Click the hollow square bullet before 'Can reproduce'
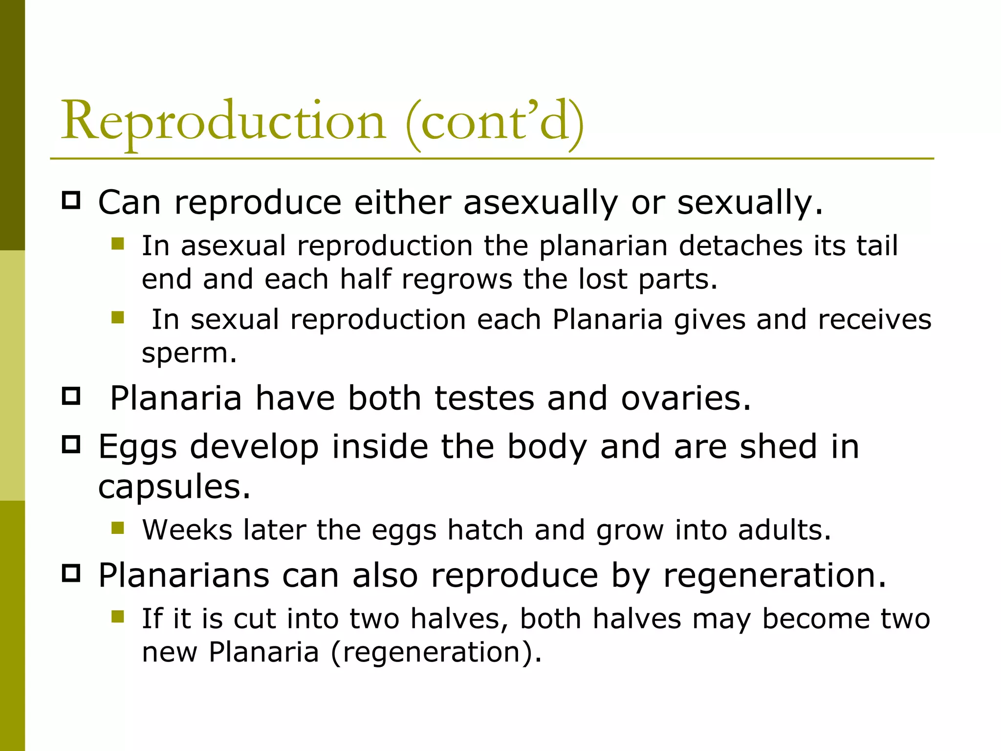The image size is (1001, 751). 71,200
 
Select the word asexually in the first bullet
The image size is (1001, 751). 541,202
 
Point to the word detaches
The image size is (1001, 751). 740,245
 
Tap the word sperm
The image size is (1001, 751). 189,354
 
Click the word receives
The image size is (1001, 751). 874,320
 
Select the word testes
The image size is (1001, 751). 484,398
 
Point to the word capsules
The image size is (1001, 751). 174,487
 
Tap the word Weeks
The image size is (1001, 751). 187,530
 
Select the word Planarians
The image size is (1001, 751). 184,575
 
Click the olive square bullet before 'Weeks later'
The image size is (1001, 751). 118,528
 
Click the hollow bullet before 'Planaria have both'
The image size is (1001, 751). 71,396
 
